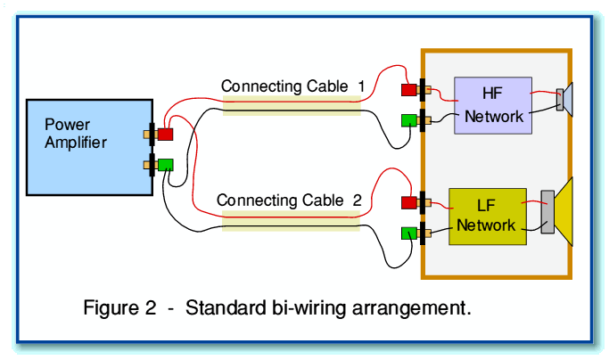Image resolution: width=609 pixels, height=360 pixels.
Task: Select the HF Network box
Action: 493,105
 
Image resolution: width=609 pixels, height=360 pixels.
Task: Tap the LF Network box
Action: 486,217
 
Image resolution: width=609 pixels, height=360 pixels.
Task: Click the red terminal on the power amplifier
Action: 165,135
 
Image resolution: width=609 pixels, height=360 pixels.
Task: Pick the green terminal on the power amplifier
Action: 165,164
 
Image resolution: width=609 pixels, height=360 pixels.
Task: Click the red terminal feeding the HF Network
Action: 408,90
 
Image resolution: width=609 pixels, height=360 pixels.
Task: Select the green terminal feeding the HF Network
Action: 408,120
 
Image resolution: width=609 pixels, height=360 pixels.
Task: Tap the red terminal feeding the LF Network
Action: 408,202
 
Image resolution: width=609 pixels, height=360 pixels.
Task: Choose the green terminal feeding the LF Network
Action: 408,233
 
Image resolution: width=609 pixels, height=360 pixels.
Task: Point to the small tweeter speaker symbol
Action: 565,98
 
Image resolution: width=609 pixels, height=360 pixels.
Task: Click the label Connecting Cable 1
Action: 292,86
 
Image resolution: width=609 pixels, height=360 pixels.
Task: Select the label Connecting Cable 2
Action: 288,200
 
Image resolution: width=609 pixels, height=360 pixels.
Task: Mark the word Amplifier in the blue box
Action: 76,142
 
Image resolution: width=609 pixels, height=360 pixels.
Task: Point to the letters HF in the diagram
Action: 493,94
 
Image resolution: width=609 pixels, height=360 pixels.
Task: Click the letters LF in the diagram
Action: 486,205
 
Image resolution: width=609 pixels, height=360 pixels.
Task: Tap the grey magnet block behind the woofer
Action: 547,212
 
